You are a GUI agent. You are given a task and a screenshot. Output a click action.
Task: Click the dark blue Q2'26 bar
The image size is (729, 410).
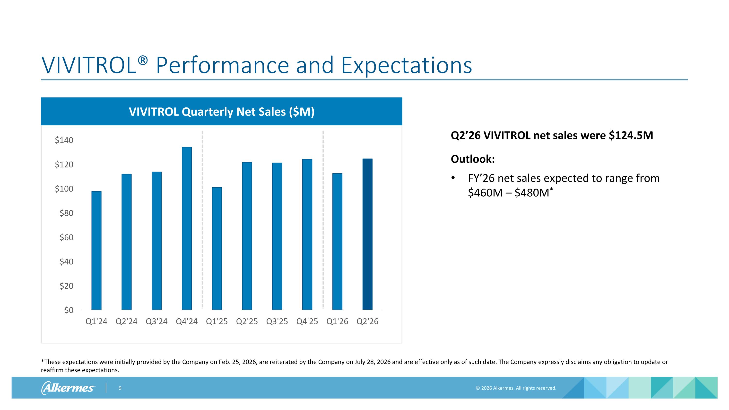coord(367,234)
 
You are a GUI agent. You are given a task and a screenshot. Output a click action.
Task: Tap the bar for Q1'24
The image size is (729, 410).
coord(96,250)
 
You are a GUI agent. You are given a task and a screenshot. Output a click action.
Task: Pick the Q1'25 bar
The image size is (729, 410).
coord(217,248)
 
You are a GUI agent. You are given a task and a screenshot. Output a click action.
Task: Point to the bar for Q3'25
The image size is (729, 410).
coord(277,236)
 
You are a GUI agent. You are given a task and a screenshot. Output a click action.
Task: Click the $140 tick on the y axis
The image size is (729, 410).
coord(64,140)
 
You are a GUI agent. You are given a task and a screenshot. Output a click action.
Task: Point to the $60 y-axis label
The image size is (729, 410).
coord(66,237)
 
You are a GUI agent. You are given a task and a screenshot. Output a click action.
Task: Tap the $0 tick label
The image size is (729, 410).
coord(69,310)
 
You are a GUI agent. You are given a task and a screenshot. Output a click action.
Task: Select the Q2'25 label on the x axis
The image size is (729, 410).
coord(247,322)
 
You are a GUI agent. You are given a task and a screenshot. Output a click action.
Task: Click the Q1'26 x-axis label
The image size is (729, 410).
coord(337,322)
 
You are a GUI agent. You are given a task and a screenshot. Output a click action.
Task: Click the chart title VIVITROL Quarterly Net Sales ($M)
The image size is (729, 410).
coord(222,112)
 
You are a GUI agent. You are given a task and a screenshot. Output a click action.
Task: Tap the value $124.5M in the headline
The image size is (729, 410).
coord(631,136)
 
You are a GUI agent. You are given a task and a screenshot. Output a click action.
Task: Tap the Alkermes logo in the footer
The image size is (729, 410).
coord(68,388)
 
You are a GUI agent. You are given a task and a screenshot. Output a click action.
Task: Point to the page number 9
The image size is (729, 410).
coord(120,388)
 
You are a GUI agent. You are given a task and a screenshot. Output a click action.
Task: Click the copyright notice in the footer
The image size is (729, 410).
coord(516,388)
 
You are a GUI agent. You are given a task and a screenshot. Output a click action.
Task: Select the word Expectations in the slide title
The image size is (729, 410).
coord(407,65)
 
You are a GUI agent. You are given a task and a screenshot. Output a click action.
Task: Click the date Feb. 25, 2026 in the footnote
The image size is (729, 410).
coord(237,362)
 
